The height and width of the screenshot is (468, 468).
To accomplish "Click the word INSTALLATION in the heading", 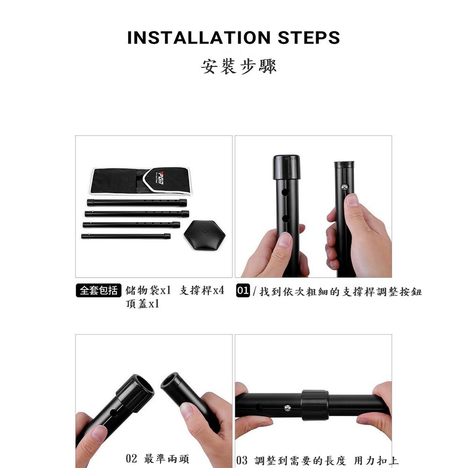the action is point(199,37).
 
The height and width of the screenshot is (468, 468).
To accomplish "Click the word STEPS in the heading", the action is point(308,37).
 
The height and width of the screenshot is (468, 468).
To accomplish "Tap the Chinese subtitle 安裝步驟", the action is point(239,66).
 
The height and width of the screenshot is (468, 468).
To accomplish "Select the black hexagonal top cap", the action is point(205,234).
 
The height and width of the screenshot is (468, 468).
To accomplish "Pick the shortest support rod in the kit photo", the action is point(126,236).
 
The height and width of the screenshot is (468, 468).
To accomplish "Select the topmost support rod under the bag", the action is point(137,203).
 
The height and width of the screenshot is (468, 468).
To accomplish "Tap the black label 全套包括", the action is point(98,291).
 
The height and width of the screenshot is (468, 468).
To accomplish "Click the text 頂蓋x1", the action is point(143,304).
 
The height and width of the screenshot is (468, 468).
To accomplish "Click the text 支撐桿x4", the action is point(202,291).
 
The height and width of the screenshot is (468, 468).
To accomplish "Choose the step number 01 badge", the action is point(243,291).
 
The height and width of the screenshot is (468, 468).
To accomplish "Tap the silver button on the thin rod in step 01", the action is point(345,187).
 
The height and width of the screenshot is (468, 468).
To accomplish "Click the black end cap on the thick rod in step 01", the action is point(286,168).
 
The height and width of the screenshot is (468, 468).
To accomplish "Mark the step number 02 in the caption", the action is point(132,459).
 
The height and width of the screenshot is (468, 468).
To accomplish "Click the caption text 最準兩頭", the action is point(167,459).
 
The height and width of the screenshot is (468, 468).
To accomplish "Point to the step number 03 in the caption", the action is point(242,461).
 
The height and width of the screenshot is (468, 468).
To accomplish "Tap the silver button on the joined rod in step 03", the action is point(287,408).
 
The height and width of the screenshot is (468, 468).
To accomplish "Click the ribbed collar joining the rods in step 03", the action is point(315,405).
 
